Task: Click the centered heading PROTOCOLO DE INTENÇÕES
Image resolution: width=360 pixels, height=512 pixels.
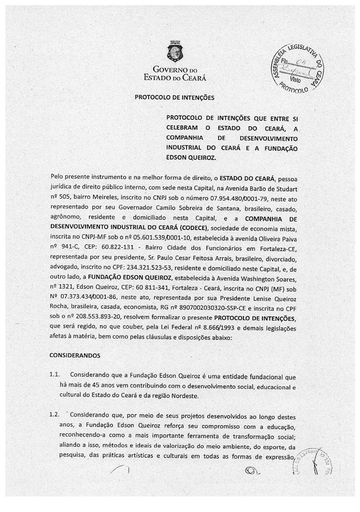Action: tap(169, 97)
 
